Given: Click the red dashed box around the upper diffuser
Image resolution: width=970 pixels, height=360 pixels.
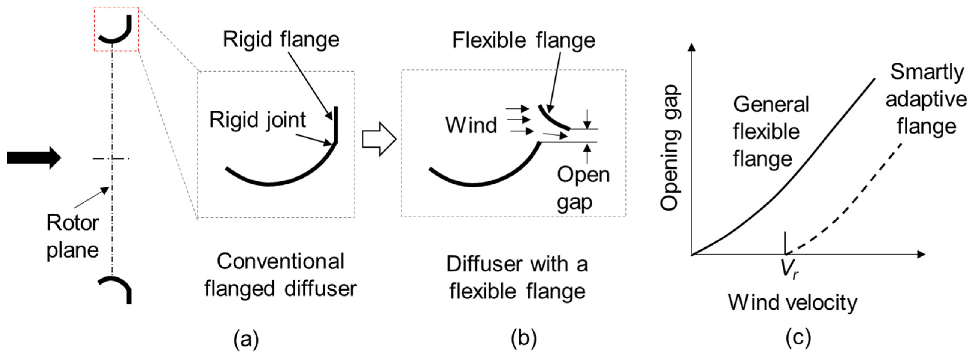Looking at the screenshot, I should click(x=117, y=9).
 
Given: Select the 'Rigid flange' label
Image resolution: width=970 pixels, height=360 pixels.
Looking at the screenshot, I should click(x=281, y=39).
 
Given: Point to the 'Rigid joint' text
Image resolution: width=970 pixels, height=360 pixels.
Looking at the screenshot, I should click(x=257, y=120).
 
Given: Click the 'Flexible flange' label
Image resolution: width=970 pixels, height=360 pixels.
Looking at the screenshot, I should click(x=523, y=40).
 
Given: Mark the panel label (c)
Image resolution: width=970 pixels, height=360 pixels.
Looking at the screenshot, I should click(x=798, y=338).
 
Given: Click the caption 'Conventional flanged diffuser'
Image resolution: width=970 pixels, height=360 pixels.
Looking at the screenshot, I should click(x=281, y=275).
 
